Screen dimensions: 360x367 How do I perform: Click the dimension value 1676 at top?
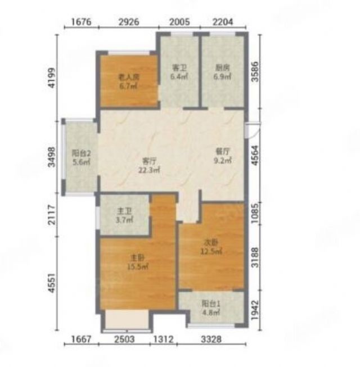point(81,22)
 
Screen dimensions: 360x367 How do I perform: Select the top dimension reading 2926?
point(129,22)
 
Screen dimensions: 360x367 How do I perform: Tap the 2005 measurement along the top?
point(179,22)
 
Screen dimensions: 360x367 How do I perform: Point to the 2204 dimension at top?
point(223,22)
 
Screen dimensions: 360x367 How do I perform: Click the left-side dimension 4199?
point(52,78)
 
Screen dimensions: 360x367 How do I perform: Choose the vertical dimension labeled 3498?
point(52,157)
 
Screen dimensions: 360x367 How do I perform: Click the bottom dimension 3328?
point(211,339)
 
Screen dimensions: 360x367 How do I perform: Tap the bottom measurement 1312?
point(163,339)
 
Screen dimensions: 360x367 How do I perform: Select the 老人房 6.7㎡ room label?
point(129,81)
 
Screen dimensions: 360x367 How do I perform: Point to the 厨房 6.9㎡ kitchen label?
point(222,72)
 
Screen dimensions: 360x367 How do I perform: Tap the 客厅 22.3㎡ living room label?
point(149,165)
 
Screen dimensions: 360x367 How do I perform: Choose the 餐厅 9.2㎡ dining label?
point(223,156)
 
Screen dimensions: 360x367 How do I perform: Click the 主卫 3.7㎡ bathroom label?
point(124,216)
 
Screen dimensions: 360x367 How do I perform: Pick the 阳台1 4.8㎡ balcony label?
point(211,308)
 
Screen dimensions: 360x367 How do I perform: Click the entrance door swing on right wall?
point(253,130)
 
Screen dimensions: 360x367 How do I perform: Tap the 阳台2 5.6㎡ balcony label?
point(81,157)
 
